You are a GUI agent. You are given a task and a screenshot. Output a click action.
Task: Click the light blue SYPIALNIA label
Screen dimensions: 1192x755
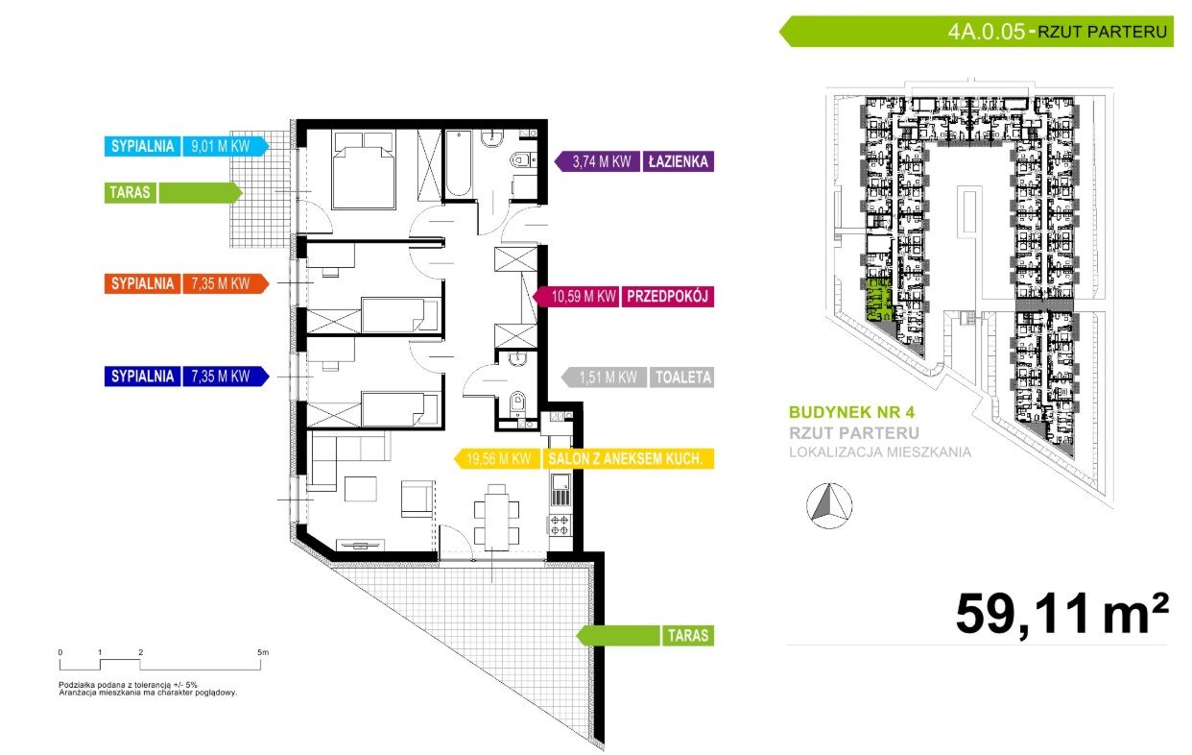coord(142,146)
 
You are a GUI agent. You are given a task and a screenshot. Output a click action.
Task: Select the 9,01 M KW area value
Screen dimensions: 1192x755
coord(221,146)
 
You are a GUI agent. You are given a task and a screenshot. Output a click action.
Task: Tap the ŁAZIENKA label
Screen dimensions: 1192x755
coord(678,161)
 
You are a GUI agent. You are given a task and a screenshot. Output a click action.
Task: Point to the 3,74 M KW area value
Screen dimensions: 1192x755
coord(602,161)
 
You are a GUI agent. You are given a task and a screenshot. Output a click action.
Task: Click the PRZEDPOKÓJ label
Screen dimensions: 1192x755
coord(667,297)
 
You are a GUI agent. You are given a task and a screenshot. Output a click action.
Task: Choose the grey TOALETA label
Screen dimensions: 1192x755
coord(682,377)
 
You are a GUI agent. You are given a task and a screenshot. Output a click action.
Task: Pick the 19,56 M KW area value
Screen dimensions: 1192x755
coord(498,459)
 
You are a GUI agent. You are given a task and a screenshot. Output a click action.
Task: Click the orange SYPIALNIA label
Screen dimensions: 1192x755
coord(142,283)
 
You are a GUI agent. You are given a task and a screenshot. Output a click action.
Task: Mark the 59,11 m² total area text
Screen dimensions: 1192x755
coord(1062,615)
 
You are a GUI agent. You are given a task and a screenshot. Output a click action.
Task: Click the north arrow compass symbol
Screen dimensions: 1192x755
coord(829,506)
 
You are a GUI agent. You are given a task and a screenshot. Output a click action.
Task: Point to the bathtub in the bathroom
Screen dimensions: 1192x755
coord(458,163)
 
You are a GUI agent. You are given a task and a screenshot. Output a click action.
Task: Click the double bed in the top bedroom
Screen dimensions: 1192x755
coord(364,170)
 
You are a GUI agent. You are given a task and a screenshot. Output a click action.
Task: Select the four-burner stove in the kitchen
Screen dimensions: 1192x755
coord(560,524)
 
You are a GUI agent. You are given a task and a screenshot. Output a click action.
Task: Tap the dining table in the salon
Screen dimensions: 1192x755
coord(496,517)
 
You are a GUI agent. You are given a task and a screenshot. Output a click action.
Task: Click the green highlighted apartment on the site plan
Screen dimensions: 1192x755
coord(878,300)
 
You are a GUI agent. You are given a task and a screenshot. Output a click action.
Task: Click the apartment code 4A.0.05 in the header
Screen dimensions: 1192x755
coord(986,32)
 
